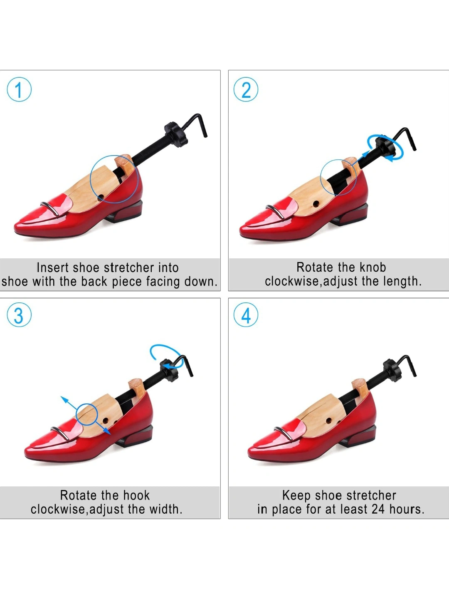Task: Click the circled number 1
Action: (x=19, y=89)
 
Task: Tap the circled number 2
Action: (x=246, y=89)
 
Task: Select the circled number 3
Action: (x=19, y=315)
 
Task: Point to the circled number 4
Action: (x=246, y=315)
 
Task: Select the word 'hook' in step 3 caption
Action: (x=136, y=495)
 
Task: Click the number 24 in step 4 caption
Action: (x=378, y=509)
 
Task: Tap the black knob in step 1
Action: (x=176, y=134)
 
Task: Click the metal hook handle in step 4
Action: (x=405, y=364)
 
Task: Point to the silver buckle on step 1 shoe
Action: (x=50, y=208)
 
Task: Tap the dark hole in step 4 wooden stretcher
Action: (x=329, y=421)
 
